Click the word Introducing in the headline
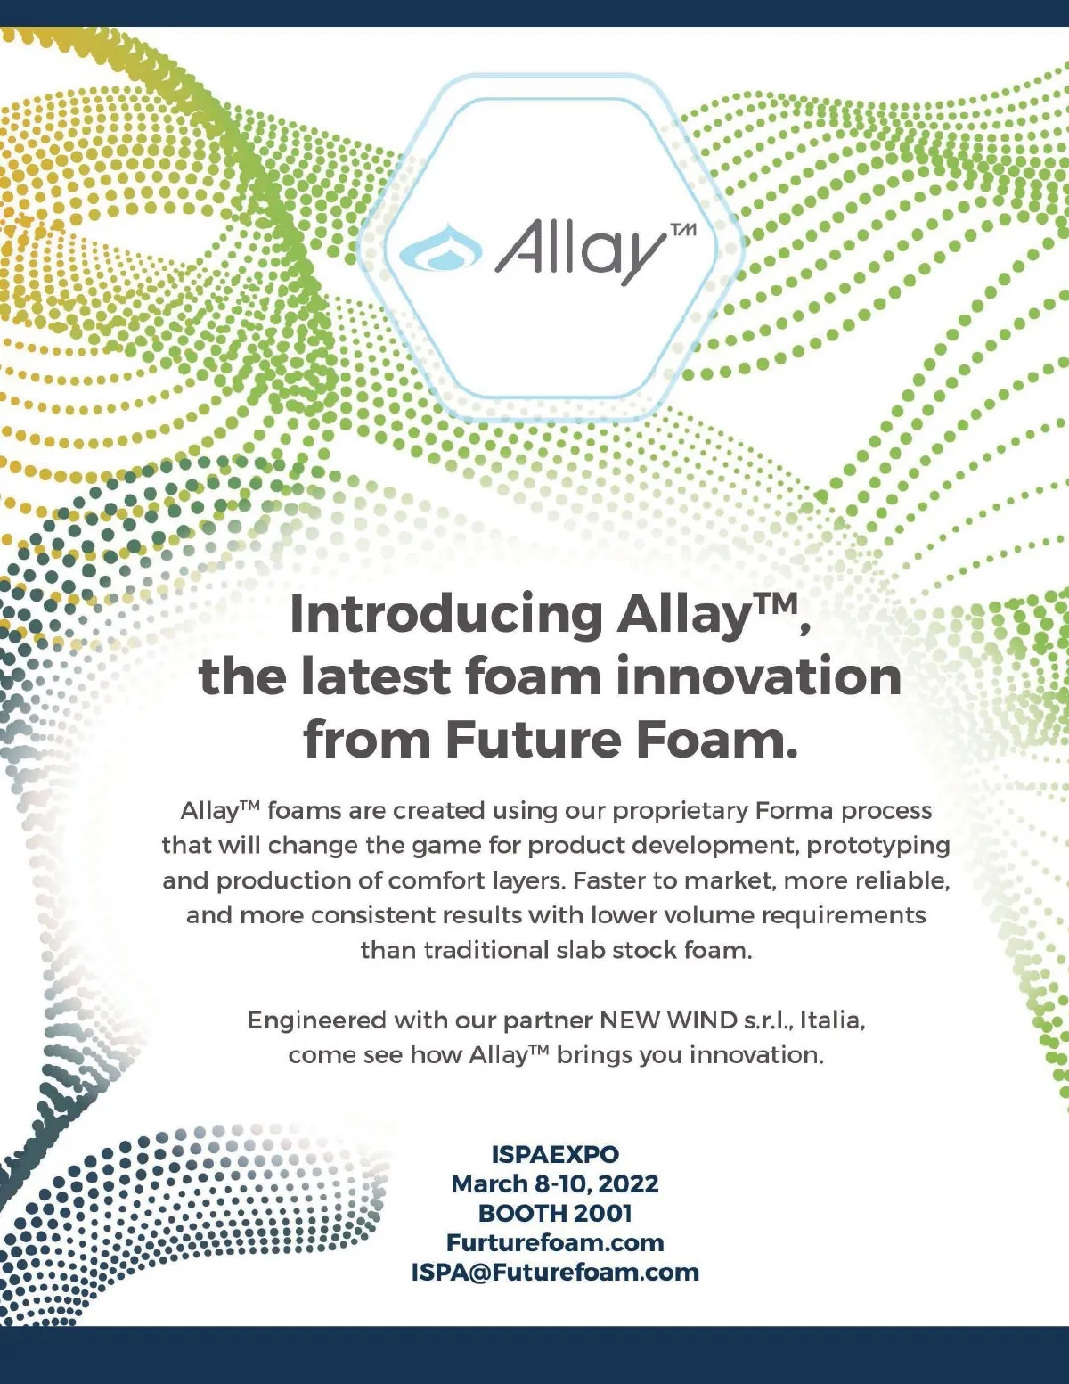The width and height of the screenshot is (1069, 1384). tap(445, 615)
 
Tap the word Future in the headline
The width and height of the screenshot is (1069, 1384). tap(533, 740)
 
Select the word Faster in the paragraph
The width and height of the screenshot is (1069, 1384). tap(610, 880)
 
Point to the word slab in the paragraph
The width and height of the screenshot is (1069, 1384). tap(582, 950)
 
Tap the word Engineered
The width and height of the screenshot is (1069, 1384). tap(316, 1021)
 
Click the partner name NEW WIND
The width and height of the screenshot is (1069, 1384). tap(668, 1020)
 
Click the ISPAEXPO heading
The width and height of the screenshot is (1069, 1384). tap(555, 1153)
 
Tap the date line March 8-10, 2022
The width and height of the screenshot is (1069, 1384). tap(555, 1183)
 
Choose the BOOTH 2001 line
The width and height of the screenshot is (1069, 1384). tap(555, 1213)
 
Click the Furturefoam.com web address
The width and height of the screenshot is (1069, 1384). tap(555, 1242)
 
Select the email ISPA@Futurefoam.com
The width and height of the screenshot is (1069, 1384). tap(555, 1272)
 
